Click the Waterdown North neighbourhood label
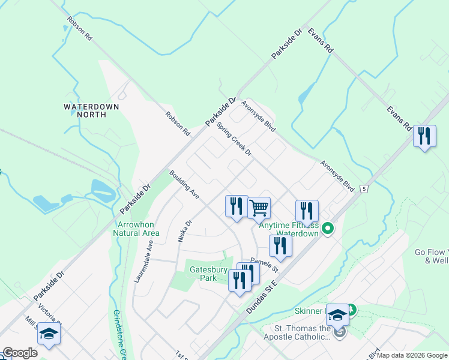(91, 110)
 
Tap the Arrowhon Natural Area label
(136, 229)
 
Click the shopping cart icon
(259, 208)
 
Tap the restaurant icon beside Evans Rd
(424, 136)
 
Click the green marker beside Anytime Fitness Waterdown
(328, 228)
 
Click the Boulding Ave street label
(184, 185)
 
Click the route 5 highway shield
(364, 189)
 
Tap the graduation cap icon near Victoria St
(49, 334)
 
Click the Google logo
(20, 353)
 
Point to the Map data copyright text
(412, 355)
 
